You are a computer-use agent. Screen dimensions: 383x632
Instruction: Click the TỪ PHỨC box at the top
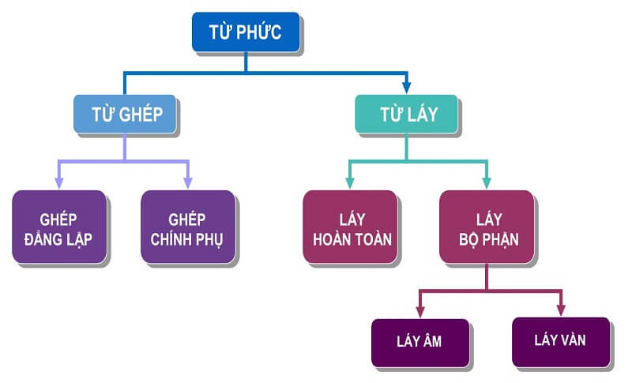click(245, 32)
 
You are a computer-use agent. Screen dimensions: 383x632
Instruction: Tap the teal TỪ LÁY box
click(407, 114)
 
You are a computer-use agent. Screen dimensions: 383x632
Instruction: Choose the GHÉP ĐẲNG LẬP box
click(59, 227)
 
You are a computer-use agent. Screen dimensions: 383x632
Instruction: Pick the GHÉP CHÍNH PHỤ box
click(187, 227)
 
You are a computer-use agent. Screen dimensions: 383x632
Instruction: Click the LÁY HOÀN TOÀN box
click(350, 227)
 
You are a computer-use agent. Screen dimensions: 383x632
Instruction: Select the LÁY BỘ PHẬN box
click(486, 227)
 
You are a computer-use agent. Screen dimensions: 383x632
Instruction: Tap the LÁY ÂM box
click(419, 341)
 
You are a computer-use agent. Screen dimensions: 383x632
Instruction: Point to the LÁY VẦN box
click(560, 341)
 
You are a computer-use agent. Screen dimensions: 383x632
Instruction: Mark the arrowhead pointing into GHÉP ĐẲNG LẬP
click(60, 182)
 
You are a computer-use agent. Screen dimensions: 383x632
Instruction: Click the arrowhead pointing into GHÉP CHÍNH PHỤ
click(187, 182)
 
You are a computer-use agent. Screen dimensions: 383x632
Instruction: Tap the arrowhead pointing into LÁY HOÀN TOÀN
click(350, 182)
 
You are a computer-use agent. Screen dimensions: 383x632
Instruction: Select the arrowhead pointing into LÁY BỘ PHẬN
click(486, 182)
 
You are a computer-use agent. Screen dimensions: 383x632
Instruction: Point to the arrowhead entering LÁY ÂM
click(419, 310)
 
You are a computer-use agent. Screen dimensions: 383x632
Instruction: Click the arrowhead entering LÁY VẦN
click(560, 310)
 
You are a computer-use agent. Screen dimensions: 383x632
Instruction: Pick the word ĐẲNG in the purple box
click(45, 238)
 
